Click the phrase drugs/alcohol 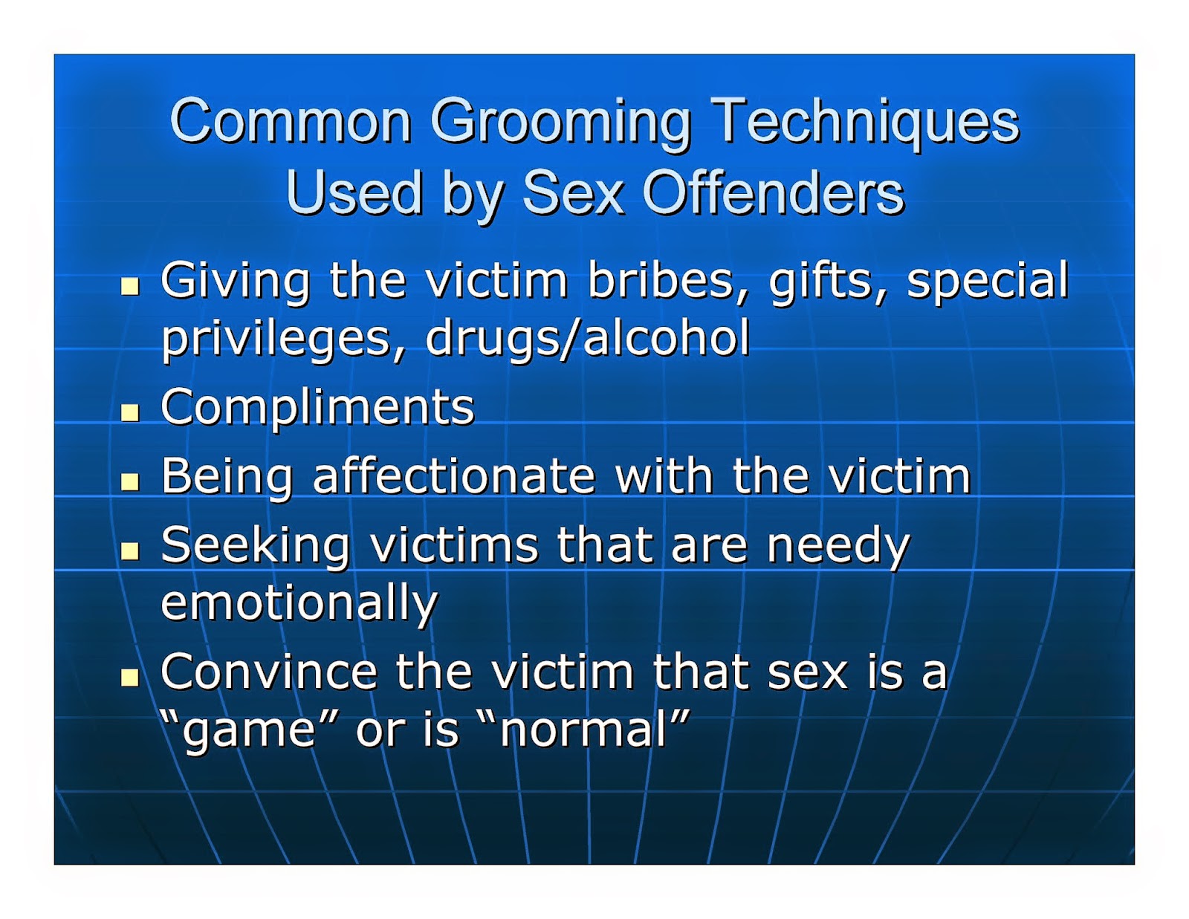tap(587, 339)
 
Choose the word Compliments tap(317, 407)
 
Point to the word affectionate tap(454, 476)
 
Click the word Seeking tap(256, 546)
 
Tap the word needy tap(838, 546)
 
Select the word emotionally tap(299, 603)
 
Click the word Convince tap(268, 672)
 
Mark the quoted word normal tap(583, 729)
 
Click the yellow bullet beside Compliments tap(130, 412)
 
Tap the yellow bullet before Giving tap(130, 286)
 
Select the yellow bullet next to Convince tap(130, 677)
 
